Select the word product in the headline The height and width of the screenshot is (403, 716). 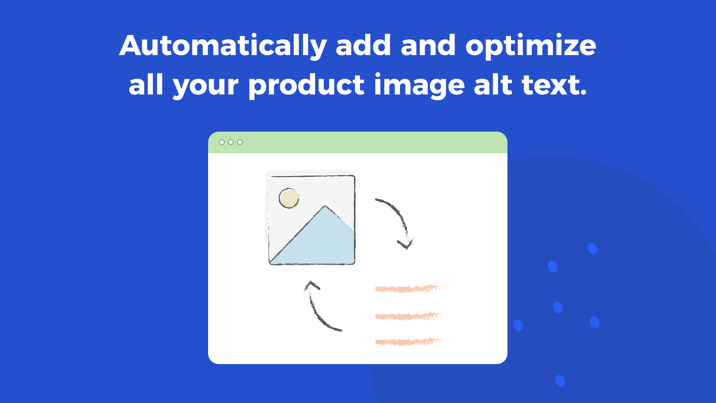tap(306, 85)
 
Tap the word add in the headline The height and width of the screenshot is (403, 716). tap(363, 46)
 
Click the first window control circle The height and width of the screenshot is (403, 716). tap(222, 142)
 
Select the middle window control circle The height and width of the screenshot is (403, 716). tap(231, 142)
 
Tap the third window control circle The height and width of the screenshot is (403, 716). tap(240, 142)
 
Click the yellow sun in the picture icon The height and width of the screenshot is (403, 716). tap(289, 198)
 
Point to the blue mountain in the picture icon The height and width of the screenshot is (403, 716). tap(322, 242)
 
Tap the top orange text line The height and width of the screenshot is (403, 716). tap(409, 289)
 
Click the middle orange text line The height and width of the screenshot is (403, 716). tap(409, 316)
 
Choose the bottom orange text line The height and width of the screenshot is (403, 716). tap(409, 342)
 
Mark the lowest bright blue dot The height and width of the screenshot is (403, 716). tap(560, 381)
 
